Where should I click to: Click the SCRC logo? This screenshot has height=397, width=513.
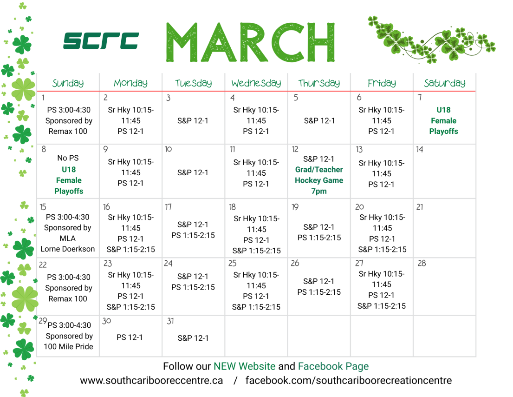(101, 41)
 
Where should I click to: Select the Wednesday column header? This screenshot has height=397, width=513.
(256, 83)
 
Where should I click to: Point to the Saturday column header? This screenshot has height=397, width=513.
(444, 83)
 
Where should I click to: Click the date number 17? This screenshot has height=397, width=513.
(169, 206)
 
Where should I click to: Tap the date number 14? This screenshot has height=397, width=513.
(420, 150)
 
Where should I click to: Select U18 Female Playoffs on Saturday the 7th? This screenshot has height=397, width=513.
(443, 120)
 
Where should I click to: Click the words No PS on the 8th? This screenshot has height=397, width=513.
(68, 159)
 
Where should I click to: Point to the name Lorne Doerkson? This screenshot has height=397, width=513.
(68, 249)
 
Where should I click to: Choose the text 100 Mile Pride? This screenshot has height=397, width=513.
(68, 346)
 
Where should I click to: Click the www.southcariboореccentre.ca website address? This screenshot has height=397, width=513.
(151, 380)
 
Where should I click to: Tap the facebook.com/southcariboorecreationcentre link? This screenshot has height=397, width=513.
(348, 380)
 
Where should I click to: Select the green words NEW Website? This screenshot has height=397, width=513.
(244, 366)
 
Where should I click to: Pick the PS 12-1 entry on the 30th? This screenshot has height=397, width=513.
(130, 337)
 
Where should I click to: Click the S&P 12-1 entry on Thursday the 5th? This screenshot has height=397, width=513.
(319, 120)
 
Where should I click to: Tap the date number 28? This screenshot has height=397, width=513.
(422, 263)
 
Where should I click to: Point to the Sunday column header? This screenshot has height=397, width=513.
(68, 83)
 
